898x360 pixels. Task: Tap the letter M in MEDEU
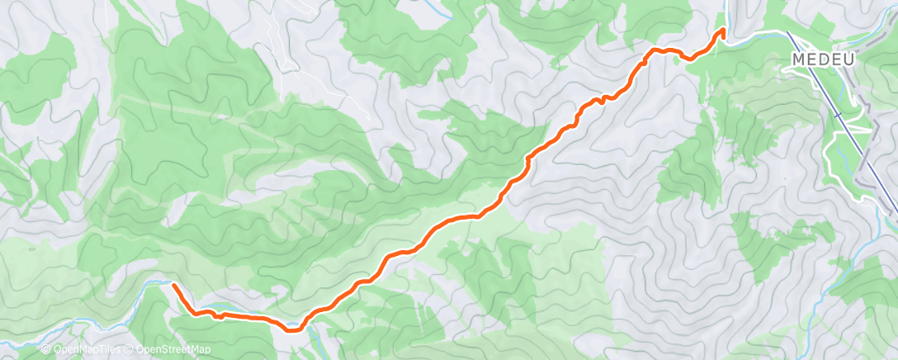tap(798, 59)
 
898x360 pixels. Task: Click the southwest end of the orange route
tap(174, 285)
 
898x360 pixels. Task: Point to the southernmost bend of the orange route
tap(293, 329)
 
